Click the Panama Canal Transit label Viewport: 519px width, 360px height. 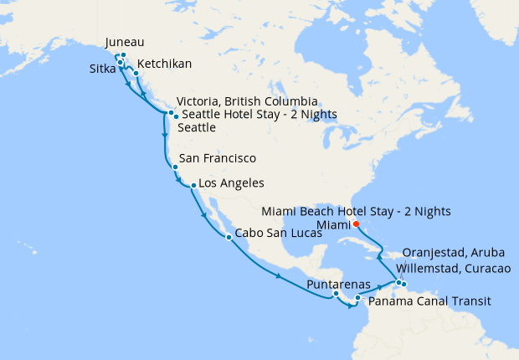pyautogui.click(x=429, y=301)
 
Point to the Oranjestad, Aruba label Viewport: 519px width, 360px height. pyautogui.click(x=454, y=253)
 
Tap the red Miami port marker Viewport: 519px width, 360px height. pyautogui.click(x=356, y=224)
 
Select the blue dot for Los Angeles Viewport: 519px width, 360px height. pyautogui.click(x=193, y=186)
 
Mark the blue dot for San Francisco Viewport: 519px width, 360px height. pyautogui.click(x=174, y=167)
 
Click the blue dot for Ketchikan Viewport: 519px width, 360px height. pyautogui.click(x=136, y=74)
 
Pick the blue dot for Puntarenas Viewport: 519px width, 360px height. pyautogui.click(x=336, y=294)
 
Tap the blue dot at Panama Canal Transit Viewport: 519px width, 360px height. pyautogui.click(x=357, y=298)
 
